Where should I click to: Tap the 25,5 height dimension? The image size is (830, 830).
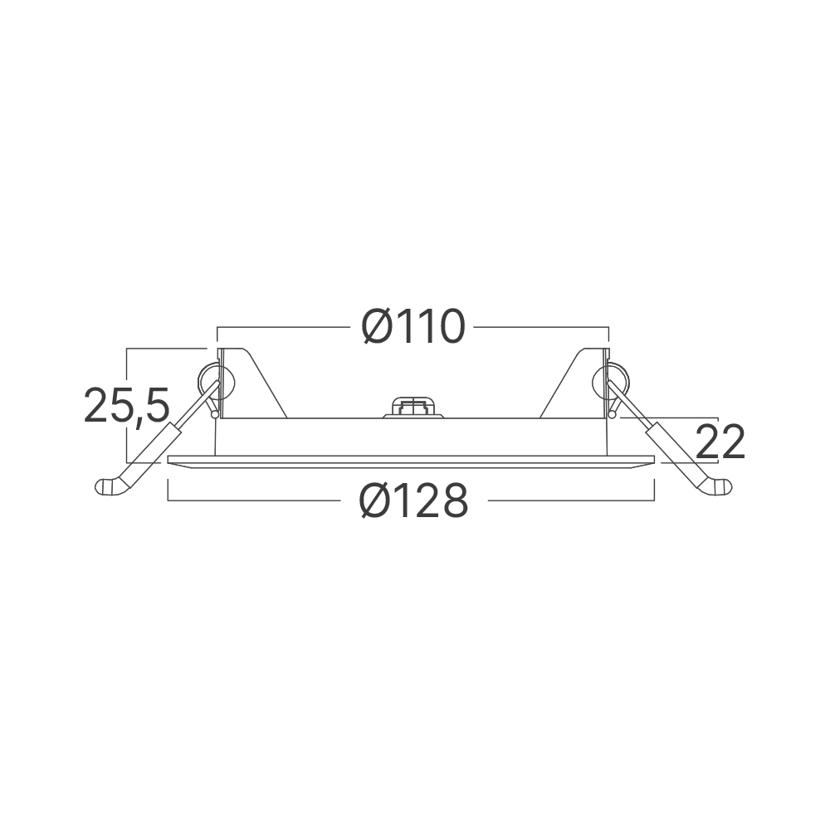pos(127,405)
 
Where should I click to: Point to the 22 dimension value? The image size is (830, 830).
pos(720,442)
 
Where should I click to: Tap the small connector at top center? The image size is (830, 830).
pos(413,406)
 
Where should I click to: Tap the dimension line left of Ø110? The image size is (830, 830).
pos(282,328)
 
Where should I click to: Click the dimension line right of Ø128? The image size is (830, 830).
pos(573,500)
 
